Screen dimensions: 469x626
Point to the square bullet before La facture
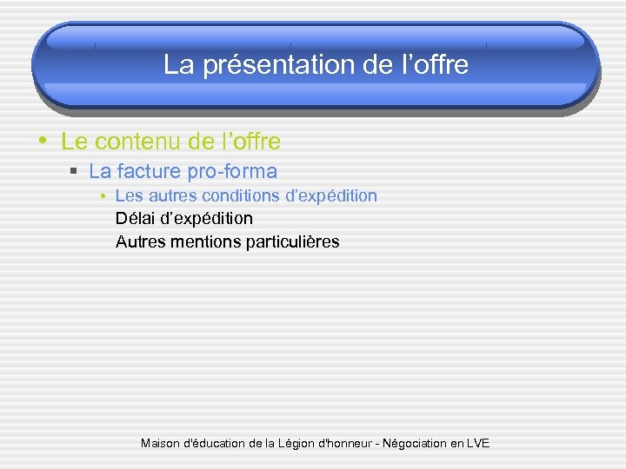click(x=76, y=172)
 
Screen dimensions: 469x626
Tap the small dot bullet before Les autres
click(x=103, y=196)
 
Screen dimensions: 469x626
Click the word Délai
click(x=136, y=219)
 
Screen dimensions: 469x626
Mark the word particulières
click(x=293, y=241)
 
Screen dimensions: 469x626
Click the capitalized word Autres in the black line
click(x=140, y=241)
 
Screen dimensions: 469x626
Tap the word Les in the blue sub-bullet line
click(x=129, y=196)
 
